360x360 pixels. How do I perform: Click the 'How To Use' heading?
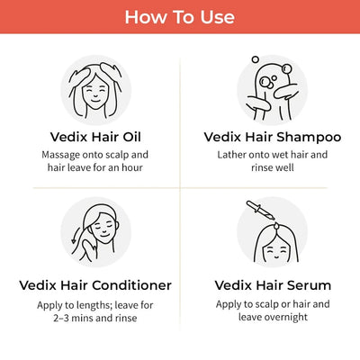tap(180, 17)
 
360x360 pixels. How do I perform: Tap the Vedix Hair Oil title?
tap(94, 138)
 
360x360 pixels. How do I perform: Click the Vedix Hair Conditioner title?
tap(94, 285)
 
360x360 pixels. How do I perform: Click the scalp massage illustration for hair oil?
tap(94, 90)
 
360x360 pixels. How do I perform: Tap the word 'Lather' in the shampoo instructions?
tap(237, 155)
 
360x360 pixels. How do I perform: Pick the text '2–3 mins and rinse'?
tap(94, 318)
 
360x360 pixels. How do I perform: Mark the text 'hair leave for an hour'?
tap(94, 169)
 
